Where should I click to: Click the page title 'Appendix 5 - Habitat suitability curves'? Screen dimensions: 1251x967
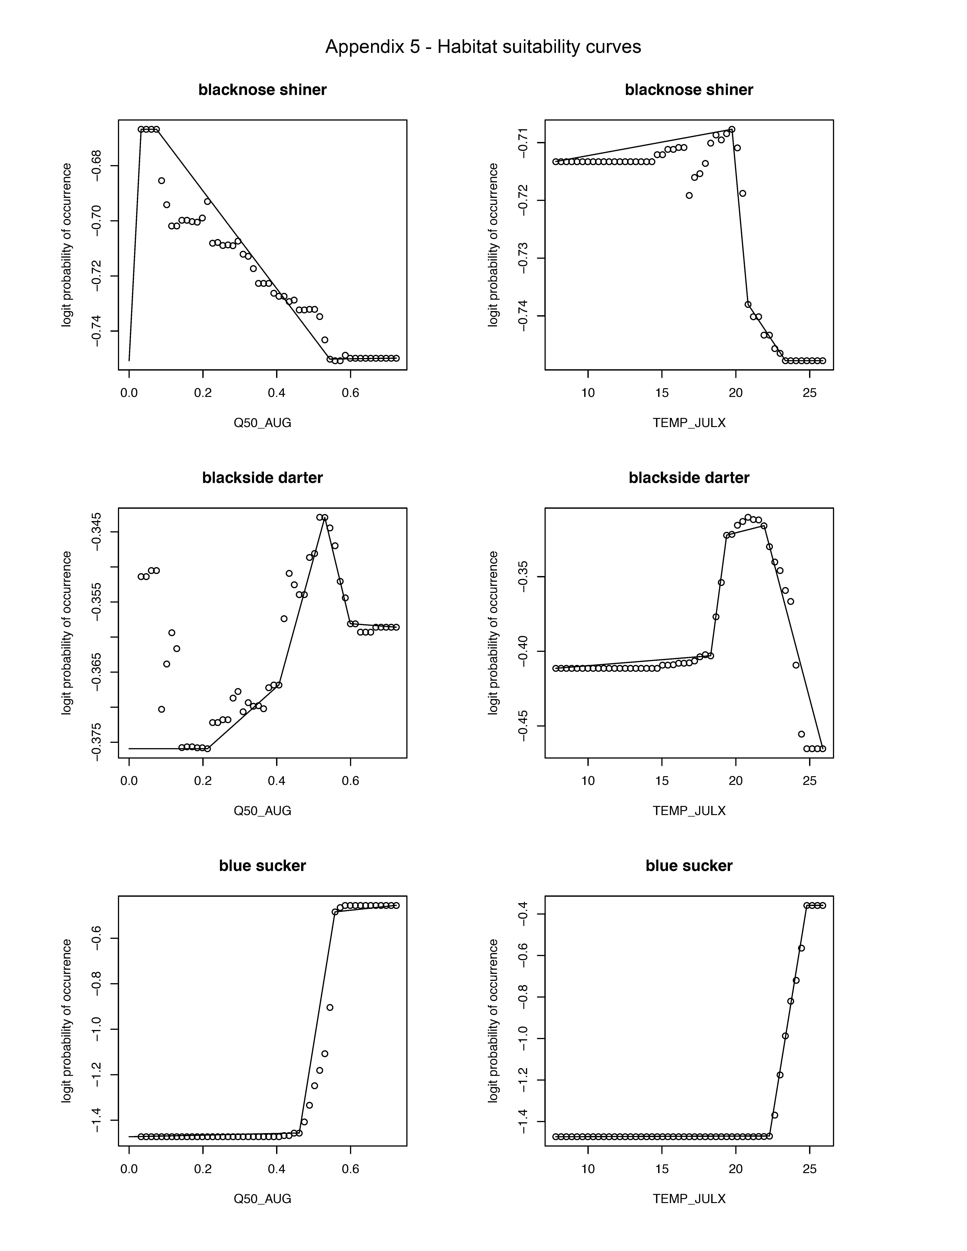point(483,47)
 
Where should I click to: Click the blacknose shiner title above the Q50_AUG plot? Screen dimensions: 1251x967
point(262,90)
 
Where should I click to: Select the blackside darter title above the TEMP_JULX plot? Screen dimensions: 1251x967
point(689,478)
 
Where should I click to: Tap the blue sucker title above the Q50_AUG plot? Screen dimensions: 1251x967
point(262,865)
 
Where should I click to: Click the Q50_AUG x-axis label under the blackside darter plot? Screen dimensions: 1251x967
point(262,810)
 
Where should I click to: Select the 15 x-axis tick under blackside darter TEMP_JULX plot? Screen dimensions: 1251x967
point(662,781)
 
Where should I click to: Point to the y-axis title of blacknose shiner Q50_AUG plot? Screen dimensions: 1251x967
point(67,245)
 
